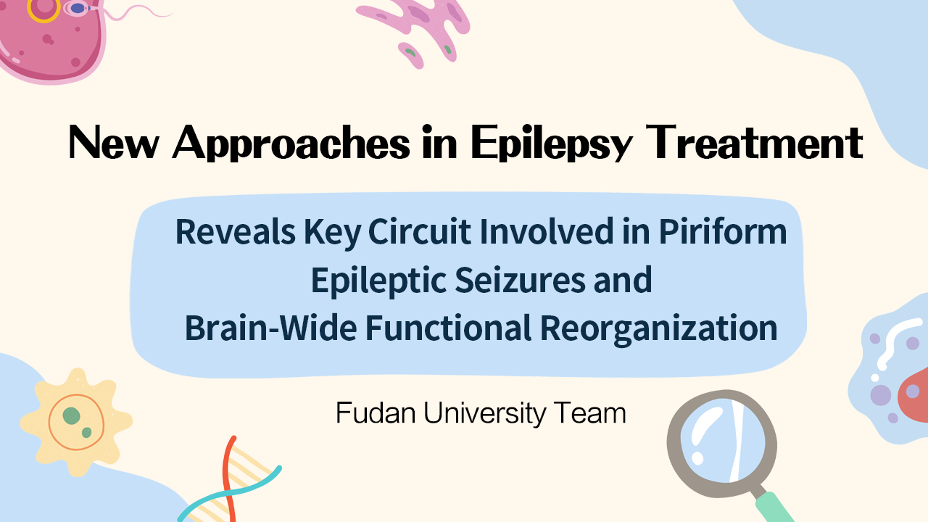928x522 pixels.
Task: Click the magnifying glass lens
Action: [721, 439]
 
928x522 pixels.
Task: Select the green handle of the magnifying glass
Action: [773, 507]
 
